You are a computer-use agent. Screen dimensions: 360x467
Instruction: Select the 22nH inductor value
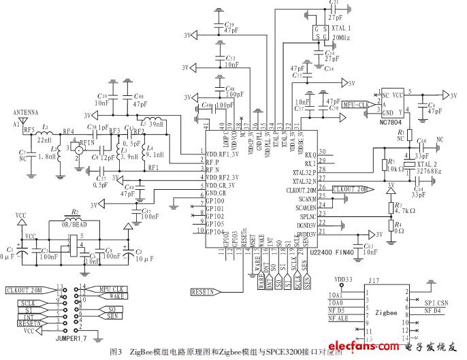tap(44, 140)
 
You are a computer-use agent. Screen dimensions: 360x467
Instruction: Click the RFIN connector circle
tap(80, 150)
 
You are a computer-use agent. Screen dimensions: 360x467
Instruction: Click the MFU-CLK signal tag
tap(355, 105)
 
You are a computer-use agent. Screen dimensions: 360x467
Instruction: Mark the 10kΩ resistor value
tap(398, 168)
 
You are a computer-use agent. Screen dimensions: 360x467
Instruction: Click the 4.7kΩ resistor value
tap(405, 211)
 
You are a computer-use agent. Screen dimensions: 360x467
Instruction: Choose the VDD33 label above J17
tap(345, 278)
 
